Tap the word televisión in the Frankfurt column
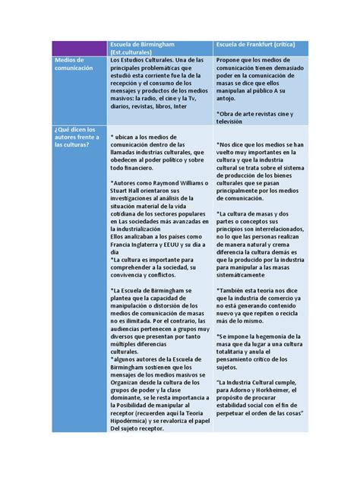coord(233,120)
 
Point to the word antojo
coord(229,97)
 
